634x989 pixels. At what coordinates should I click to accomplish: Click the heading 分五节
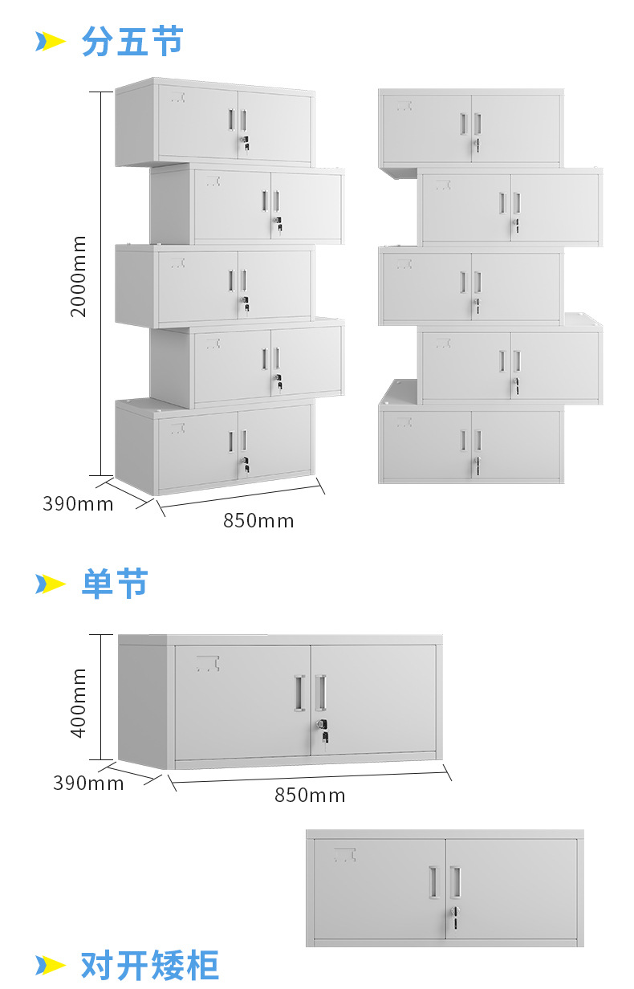pos(132,42)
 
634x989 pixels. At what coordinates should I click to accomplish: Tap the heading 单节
pos(115,584)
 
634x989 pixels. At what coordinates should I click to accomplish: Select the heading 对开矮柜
pos(149,964)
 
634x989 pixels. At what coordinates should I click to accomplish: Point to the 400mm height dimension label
pos(79,703)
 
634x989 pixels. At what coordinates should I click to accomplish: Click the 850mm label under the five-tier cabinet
pos(258,521)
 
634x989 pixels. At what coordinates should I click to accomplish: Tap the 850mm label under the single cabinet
pos(310,796)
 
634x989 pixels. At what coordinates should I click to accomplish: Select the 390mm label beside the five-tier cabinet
pos(78,504)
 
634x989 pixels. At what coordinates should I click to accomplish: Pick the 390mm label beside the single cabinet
pos(88,783)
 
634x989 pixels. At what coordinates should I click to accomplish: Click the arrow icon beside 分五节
pos(50,42)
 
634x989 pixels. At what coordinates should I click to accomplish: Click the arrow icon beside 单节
pos(50,584)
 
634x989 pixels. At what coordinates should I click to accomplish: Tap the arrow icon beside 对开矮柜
pos(50,964)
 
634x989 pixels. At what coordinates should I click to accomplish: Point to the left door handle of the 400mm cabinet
pos(299,692)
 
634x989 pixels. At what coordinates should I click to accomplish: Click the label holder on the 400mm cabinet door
pos(209,663)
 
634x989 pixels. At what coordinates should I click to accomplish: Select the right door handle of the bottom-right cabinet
pos(455,881)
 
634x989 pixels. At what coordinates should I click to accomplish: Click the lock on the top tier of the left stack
pos(244,144)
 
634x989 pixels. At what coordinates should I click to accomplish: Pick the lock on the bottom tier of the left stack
pos(244,464)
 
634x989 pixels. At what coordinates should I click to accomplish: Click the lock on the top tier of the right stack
pos(477,145)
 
